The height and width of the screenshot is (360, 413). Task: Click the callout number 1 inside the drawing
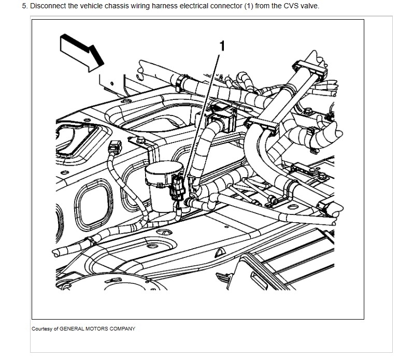[222, 46]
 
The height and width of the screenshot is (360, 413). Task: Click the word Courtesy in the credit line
[41, 329]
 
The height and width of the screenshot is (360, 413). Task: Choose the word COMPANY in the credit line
[123, 329]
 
